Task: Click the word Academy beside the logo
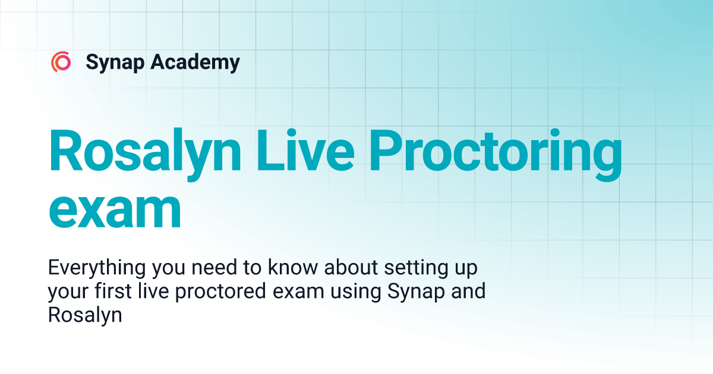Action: click(x=195, y=62)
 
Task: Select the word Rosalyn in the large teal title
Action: click(x=144, y=154)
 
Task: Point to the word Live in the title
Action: click(x=305, y=150)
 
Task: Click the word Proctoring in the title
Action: click(x=496, y=155)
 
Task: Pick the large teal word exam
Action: click(x=115, y=211)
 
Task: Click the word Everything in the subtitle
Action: click(x=97, y=268)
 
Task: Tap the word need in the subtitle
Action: click(x=214, y=267)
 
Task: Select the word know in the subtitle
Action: click(x=293, y=267)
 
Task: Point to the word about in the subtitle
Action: click(x=351, y=267)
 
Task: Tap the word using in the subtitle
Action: click(x=355, y=292)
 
